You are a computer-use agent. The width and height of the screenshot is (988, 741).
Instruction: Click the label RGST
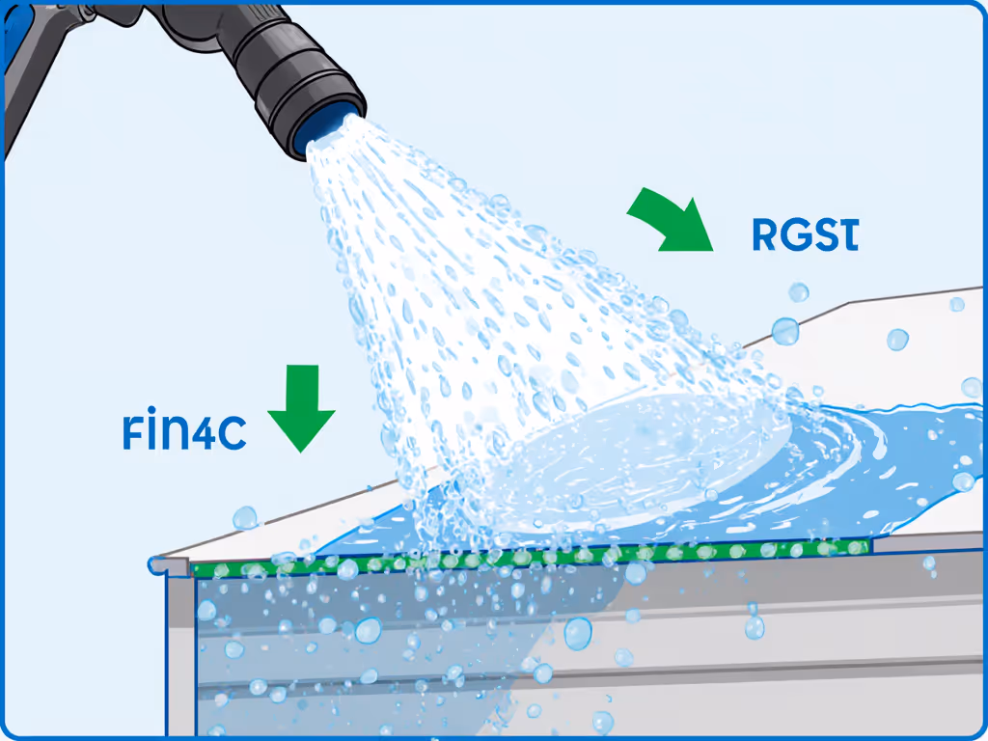click(804, 235)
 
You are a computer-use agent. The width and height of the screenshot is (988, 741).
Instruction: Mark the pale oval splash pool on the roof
click(646, 453)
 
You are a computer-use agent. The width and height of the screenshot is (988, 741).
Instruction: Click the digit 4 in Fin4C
click(205, 433)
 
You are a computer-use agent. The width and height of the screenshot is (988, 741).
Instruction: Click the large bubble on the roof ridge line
click(784, 331)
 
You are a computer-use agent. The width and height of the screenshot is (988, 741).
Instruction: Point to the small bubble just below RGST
click(798, 291)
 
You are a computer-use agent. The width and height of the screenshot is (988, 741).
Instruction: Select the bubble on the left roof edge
click(244, 518)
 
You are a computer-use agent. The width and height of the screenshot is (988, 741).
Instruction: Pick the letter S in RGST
click(823, 235)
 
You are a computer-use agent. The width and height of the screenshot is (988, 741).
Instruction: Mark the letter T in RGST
click(846, 235)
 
